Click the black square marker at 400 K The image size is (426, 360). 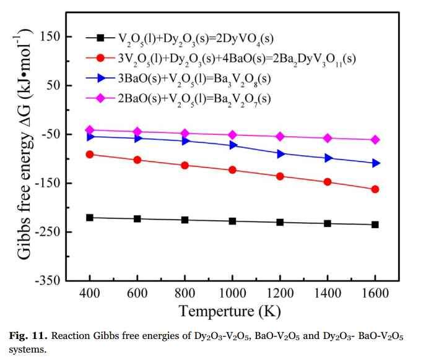(90, 217)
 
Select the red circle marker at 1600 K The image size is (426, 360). (375, 189)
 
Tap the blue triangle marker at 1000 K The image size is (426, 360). (232, 145)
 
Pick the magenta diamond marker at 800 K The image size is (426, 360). (185, 133)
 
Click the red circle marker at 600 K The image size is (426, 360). (137, 160)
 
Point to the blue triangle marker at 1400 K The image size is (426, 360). (328, 158)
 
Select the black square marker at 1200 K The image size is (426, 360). (280, 222)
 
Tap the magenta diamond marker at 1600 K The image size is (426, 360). (375, 140)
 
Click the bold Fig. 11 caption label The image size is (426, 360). (28, 336)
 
